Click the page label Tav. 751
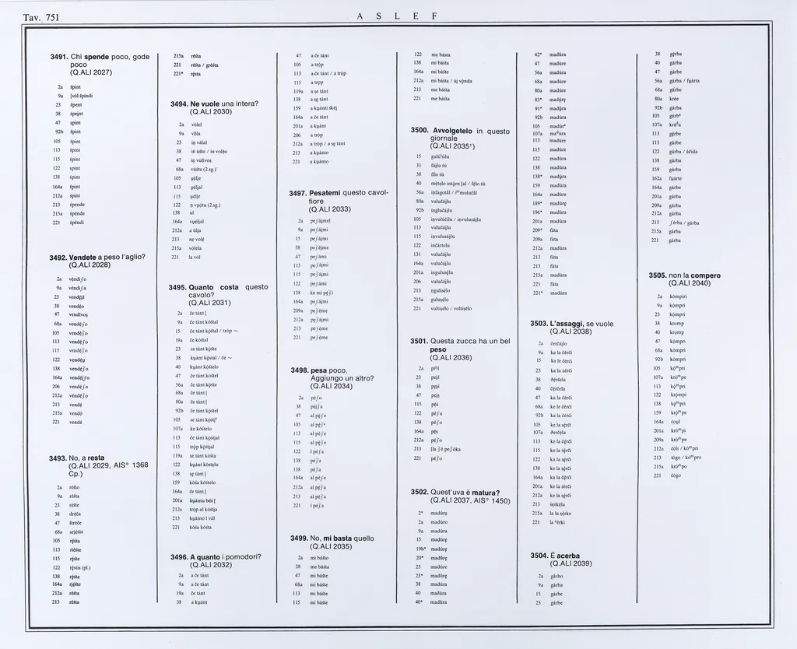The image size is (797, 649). click(x=36, y=17)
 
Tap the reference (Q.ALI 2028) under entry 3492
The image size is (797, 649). click(x=90, y=265)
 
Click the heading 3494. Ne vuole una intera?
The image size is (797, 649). click(x=213, y=103)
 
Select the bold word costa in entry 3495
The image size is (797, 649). click(x=228, y=287)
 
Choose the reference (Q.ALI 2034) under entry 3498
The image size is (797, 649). click(x=331, y=386)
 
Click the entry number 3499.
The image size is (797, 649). click(x=300, y=538)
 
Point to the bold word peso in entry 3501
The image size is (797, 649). click(x=420, y=349)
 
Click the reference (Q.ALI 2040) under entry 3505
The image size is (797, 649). click(x=685, y=283)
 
